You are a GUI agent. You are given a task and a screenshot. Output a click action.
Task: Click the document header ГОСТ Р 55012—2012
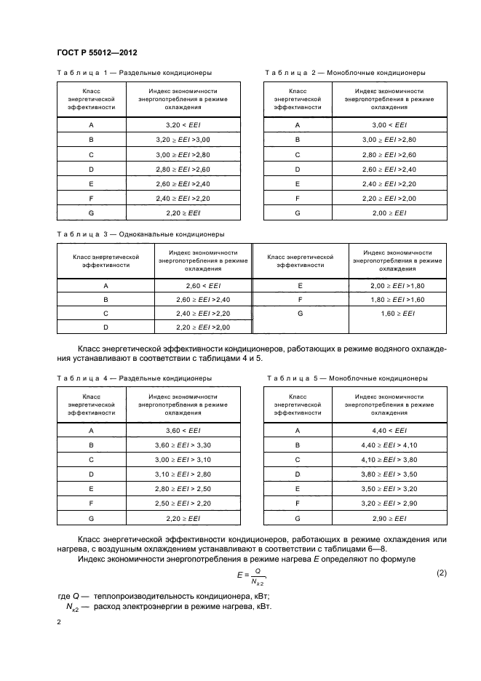point(97,54)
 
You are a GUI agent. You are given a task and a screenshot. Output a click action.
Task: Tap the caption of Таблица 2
point(346,73)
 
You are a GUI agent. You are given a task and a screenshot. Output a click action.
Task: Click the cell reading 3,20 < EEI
point(183,124)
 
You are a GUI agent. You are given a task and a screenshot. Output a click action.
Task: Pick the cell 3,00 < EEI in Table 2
point(390,124)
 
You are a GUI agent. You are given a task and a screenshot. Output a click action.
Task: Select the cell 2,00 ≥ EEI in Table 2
point(390,212)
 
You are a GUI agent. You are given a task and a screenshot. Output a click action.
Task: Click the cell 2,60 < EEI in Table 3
point(202,286)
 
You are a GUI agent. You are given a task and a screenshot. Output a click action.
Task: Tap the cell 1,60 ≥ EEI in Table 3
point(398,314)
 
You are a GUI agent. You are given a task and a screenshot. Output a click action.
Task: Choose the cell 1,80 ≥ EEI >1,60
point(398,300)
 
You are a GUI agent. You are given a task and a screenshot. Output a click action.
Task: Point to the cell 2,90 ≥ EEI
point(390,518)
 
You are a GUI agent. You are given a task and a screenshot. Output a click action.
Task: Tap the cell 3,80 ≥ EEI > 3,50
point(390,474)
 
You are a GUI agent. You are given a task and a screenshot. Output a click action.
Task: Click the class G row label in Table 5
point(298,518)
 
